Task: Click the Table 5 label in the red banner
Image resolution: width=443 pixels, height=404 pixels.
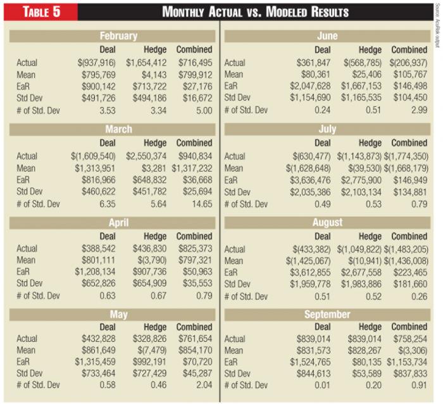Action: [40, 11]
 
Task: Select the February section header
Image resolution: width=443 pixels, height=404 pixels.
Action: [118, 36]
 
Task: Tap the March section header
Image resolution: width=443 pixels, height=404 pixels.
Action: [118, 129]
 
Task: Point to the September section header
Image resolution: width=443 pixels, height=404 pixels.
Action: [327, 315]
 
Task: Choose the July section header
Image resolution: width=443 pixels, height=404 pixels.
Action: [327, 129]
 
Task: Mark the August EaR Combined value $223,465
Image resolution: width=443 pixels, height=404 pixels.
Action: [409, 272]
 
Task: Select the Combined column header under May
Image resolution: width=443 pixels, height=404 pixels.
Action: [194, 327]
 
